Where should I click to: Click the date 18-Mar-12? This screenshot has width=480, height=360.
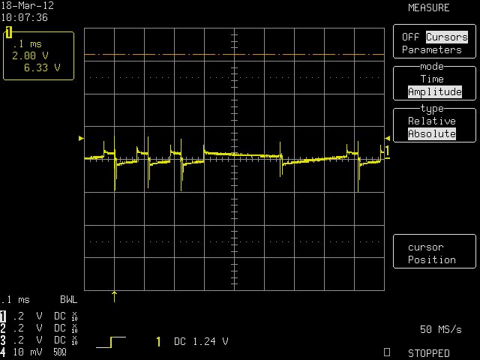27,5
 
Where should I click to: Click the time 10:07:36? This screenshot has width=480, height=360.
25,17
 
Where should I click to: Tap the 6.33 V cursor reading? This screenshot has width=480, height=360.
42,67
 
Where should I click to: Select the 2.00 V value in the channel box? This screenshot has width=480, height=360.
30,55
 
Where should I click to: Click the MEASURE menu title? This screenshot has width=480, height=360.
428,7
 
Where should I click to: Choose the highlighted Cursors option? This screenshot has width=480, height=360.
447,37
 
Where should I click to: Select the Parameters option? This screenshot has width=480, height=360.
432,49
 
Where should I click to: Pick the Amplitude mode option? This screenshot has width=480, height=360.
435,91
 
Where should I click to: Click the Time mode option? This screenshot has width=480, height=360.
432,79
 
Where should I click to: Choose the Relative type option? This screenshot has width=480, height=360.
432,121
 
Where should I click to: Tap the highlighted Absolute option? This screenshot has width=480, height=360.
432,133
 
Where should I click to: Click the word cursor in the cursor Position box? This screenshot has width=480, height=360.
425,247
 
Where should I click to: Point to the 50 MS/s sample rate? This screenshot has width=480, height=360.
440,329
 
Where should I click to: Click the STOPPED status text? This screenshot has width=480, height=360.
428,353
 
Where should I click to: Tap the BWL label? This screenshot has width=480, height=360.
68,299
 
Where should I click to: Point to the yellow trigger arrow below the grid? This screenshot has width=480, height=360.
114,297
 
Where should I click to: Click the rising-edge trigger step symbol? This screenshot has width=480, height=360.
111,342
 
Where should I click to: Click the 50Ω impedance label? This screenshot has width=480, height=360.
60,352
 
